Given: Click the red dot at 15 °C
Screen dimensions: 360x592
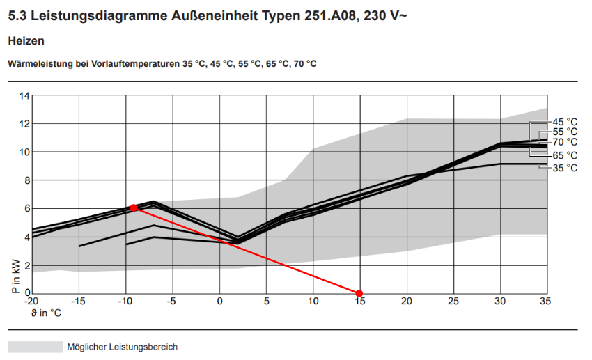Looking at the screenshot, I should click(359, 293).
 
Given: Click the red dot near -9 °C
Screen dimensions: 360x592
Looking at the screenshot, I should click(134, 208).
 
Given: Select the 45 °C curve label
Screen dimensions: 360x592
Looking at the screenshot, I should click(565, 122).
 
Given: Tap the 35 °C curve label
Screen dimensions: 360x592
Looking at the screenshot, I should click(565, 168).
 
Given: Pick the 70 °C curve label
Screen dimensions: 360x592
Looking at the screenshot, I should click(565, 142).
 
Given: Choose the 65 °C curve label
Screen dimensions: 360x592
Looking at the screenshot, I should click(565, 155).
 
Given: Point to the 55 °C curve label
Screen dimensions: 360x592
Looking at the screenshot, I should click(565, 132).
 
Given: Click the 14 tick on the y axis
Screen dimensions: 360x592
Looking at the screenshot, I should click(25, 95).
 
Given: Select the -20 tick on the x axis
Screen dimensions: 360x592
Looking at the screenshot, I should click(31, 302).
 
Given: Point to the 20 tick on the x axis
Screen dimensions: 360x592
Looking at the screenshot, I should click(406, 302).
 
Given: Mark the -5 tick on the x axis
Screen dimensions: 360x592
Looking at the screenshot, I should click(172, 302).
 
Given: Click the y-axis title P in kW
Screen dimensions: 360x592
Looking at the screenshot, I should click(15, 276).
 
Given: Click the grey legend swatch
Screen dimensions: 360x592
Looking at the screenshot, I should click(35, 347).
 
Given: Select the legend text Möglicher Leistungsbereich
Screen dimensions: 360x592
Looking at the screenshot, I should click(122, 347).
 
